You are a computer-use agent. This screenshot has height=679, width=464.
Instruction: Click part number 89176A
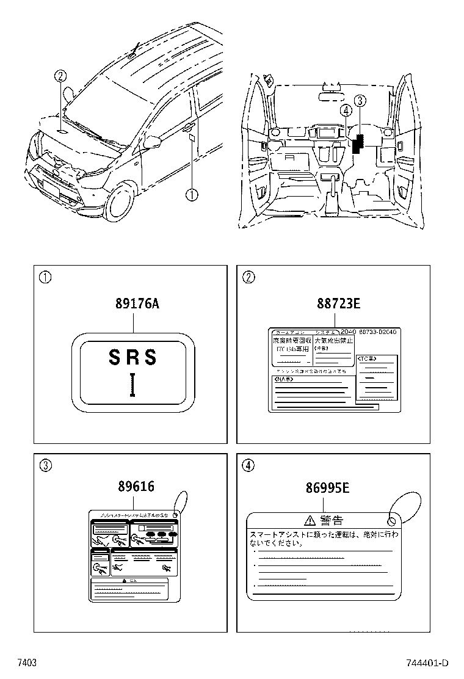(137, 303)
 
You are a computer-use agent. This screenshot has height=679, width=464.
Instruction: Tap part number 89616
(136, 487)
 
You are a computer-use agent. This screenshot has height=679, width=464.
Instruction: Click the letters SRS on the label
(132, 358)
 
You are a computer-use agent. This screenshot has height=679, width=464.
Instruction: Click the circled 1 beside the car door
(191, 195)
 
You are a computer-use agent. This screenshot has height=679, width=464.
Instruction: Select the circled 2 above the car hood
(60, 76)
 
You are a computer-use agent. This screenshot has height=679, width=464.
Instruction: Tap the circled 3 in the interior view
(361, 101)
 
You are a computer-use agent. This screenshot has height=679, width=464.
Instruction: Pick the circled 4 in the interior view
(346, 111)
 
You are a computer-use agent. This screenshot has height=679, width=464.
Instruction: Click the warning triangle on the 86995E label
(310, 520)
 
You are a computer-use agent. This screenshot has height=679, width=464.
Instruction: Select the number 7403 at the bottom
(27, 663)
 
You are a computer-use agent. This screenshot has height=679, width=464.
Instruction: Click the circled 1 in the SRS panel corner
(45, 278)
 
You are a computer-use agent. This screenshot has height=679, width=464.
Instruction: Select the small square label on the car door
(191, 139)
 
